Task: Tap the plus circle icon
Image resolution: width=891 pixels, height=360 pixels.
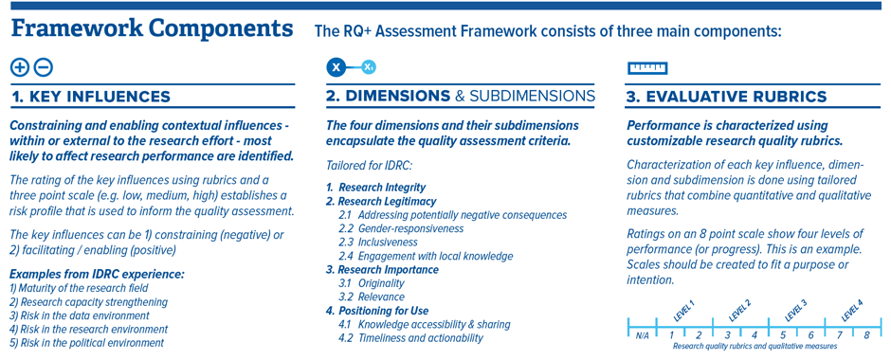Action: pyautogui.click(x=19, y=67)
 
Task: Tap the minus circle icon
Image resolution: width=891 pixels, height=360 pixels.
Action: pyautogui.click(x=43, y=67)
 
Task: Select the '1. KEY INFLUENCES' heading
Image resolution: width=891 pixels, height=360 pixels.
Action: pyautogui.click(x=91, y=97)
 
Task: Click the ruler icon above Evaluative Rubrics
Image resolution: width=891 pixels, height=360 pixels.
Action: pyautogui.click(x=648, y=67)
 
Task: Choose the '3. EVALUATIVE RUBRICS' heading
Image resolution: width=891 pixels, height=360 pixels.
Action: pyautogui.click(x=726, y=97)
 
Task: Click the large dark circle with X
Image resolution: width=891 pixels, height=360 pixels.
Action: pyautogui.click(x=336, y=67)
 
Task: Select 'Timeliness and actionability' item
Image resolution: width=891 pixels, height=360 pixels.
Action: pyautogui.click(x=409, y=338)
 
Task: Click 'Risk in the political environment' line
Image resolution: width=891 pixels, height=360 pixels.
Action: pyautogui.click(x=87, y=343)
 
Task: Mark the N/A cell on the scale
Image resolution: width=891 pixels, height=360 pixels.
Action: pyautogui.click(x=642, y=334)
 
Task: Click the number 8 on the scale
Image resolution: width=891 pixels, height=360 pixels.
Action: pyautogui.click(x=865, y=334)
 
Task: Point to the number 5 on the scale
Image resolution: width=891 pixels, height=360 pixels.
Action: pyautogui.click(x=783, y=334)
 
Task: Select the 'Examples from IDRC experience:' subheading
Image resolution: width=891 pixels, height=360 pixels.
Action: pyautogui.click(x=97, y=274)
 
